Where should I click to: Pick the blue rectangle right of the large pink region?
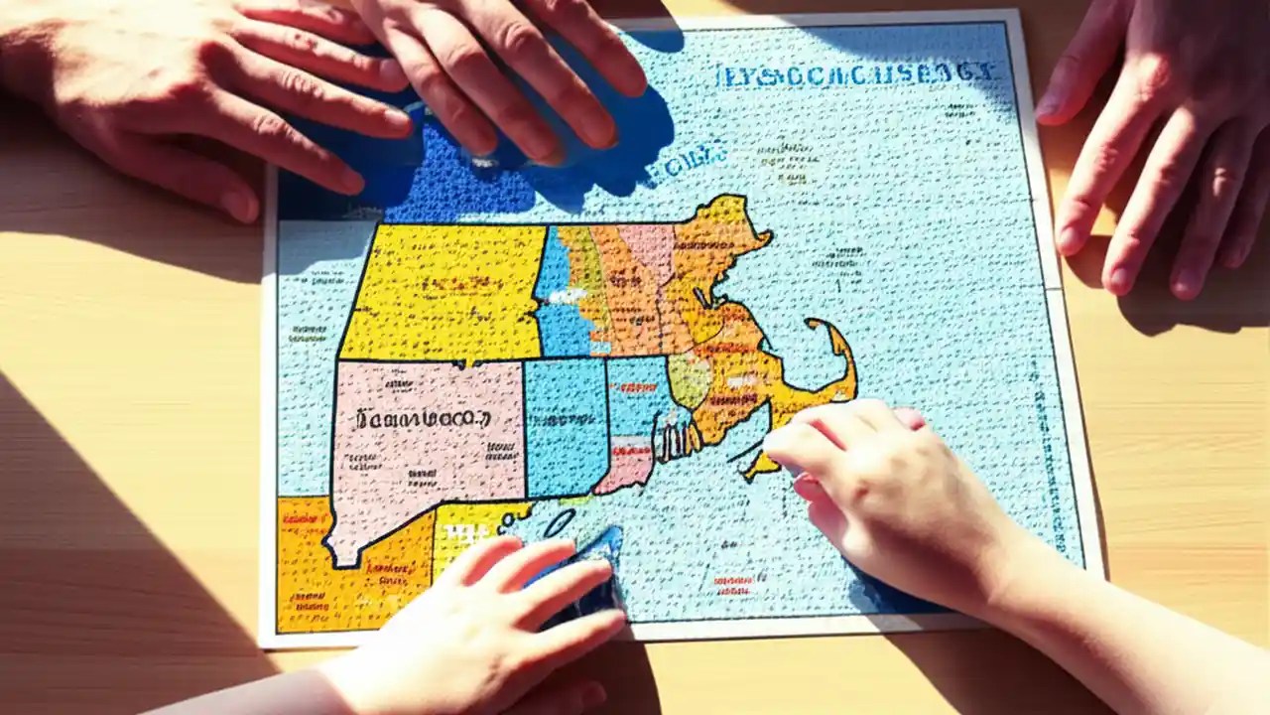[x=566, y=427]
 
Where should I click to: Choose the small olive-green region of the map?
[x=689, y=379]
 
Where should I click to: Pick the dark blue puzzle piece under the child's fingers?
[x=595, y=571]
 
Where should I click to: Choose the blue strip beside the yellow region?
[x=554, y=288]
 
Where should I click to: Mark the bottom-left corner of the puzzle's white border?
[x=263, y=643]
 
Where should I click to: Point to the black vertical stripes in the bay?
[x=675, y=437]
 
